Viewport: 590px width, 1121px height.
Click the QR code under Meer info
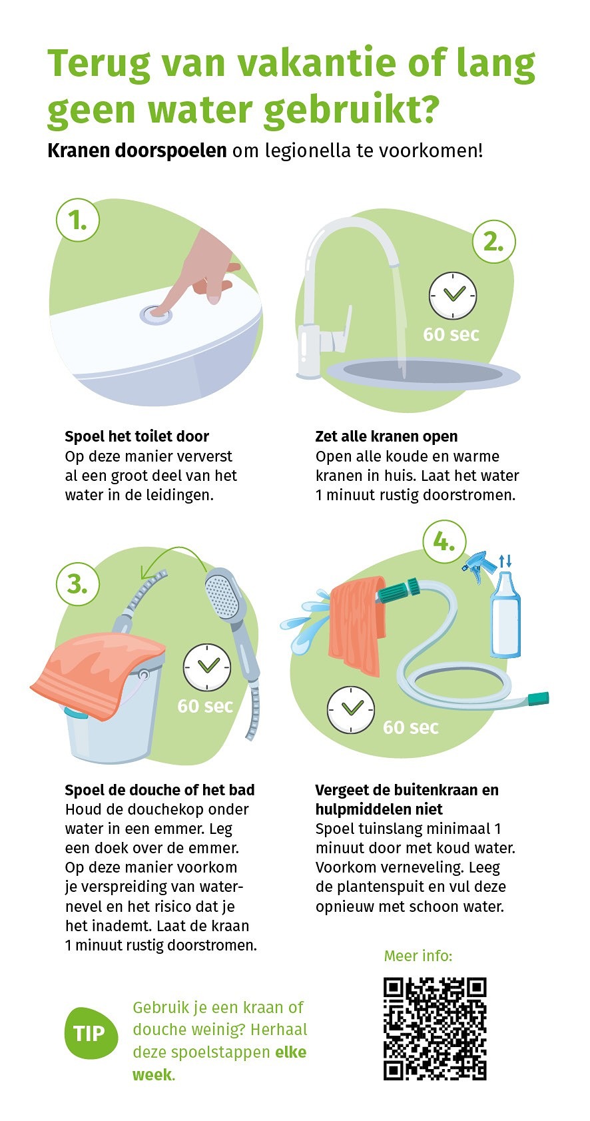[x=434, y=1028]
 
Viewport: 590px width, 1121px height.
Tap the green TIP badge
[x=91, y=1033]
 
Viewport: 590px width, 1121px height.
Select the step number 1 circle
[x=77, y=220]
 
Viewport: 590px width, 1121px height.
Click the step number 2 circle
[x=493, y=242]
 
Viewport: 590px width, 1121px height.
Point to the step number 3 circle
[x=77, y=584]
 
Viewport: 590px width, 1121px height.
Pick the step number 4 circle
[x=444, y=542]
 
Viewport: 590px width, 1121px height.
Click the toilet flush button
[x=156, y=314]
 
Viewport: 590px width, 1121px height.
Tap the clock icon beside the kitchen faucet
[x=453, y=295]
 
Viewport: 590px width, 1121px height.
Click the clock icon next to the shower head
[x=206, y=667]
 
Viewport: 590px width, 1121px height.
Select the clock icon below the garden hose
[x=350, y=709]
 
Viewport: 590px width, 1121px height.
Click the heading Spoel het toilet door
[x=137, y=436]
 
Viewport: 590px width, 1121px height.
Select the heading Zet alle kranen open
[x=386, y=436]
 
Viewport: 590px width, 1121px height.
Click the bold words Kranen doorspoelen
[x=137, y=150]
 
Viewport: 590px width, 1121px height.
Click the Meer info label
[x=418, y=956]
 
